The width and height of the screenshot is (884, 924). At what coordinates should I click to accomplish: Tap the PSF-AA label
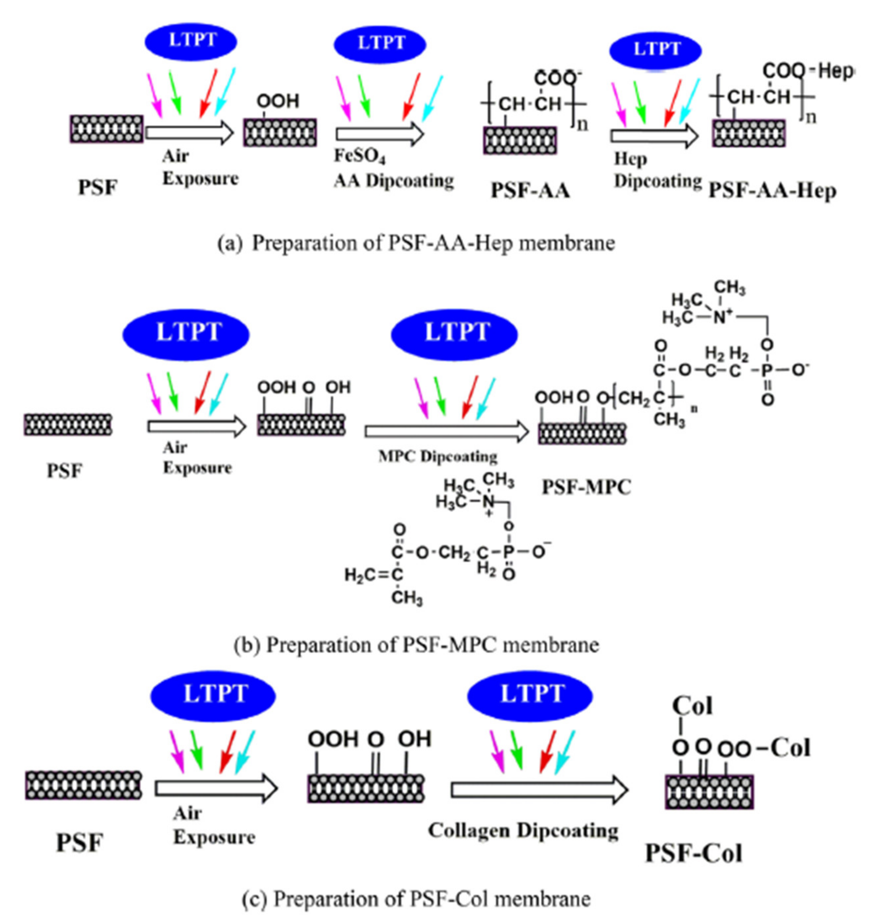530,190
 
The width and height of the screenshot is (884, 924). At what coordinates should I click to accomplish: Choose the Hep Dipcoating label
657,171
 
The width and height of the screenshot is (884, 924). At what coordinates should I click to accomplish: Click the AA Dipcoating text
394,181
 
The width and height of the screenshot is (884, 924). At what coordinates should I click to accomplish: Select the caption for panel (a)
416,243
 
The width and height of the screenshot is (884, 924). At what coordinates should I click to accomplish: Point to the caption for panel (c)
416,899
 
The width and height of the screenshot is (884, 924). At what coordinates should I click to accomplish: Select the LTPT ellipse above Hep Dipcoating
655,50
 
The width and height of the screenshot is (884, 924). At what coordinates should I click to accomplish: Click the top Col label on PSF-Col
692,706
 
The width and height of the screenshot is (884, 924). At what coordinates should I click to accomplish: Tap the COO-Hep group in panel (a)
808,72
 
